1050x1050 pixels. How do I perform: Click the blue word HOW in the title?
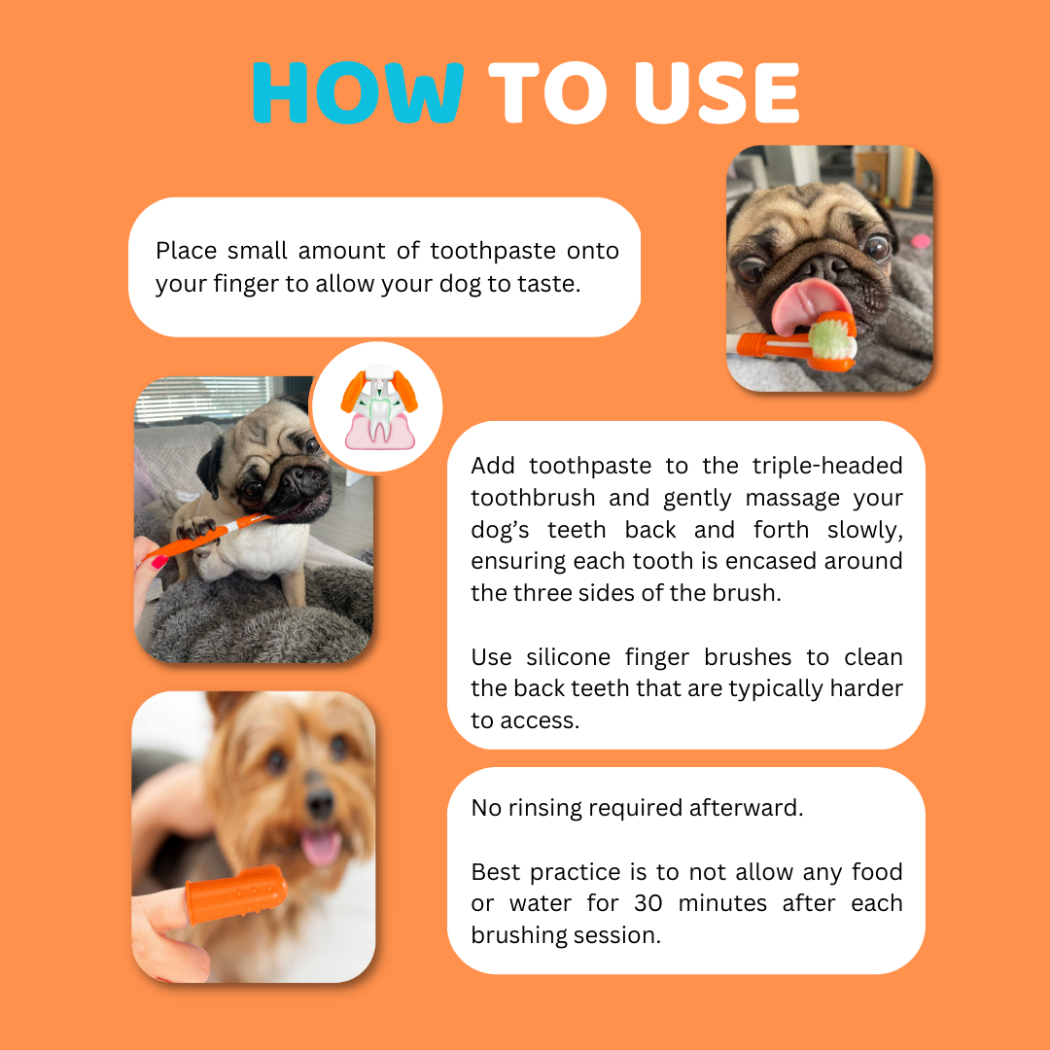click(358, 93)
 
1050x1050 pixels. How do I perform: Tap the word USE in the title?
click(716, 93)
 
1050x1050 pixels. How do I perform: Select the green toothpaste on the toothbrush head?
click(834, 338)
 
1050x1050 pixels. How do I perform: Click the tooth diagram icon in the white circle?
click(376, 408)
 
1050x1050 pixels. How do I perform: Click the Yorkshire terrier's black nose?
click(320, 803)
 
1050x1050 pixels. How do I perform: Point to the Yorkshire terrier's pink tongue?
click(320, 846)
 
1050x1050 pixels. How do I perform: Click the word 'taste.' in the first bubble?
click(547, 283)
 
